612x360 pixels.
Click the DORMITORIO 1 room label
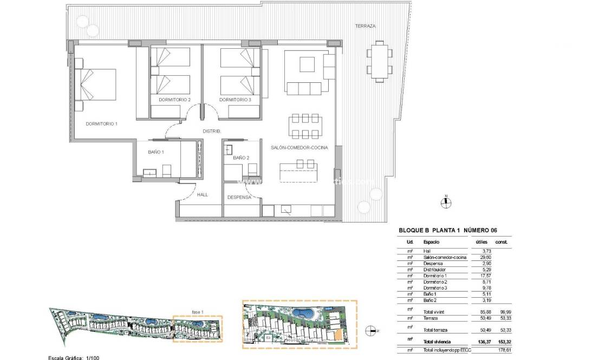click(x=101, y=124)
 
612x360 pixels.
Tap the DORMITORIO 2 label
click(x=174, y=100)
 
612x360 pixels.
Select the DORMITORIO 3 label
click(x=235, y=100)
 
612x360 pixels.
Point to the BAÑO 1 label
click(x=155, y=153)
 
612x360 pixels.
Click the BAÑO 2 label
click(x=240, y=158)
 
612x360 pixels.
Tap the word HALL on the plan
click(x=202, y=195)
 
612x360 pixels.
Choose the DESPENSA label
click(x=239, y=198)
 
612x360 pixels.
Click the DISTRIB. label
click(x=211, y=131)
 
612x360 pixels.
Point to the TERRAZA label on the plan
click(x=365, y=26)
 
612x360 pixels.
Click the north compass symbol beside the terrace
click(x=445, y=202)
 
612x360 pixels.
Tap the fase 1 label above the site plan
click(x=198, y=312)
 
